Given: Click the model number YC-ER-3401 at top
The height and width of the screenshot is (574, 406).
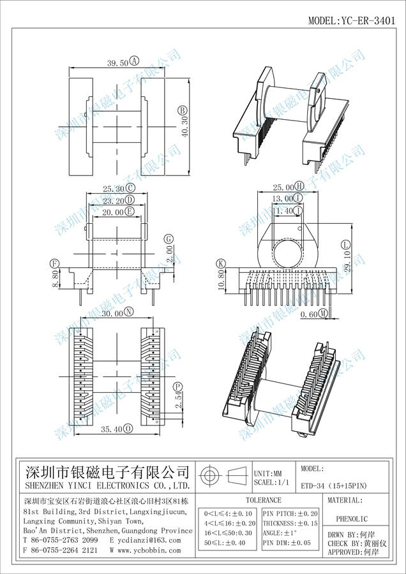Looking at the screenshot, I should point(352,20).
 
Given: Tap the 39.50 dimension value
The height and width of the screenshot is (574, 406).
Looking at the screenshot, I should point(117,62).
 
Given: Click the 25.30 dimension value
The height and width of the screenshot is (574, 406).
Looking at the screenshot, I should point(114,188).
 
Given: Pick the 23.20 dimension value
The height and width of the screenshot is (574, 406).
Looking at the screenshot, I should point(114,200).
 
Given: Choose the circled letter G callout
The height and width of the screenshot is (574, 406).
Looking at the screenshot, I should point(169,239).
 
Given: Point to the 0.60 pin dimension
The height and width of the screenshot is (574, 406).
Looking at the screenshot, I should point(308,314).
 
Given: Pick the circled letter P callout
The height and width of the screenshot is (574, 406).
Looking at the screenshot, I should point(177,386).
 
